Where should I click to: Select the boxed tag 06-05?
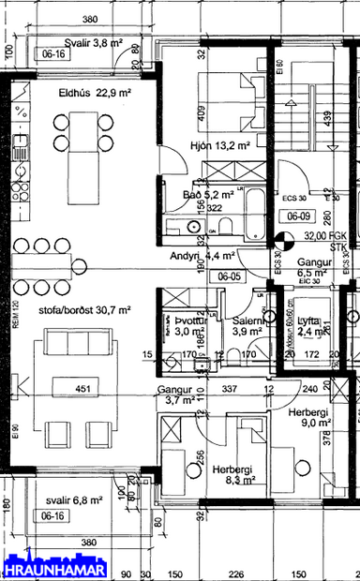tap(228, 276)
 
